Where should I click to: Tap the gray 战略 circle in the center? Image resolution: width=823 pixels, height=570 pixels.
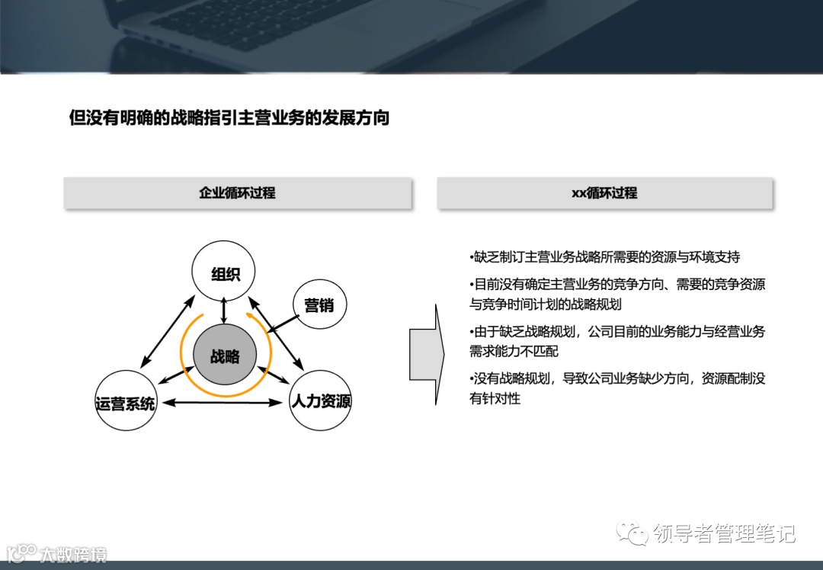pos(225,356)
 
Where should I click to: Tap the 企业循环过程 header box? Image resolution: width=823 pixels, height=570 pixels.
pos(237,193)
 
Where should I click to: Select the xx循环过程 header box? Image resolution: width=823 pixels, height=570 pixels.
pos(604,193)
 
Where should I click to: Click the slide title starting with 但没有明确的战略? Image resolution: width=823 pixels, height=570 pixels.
pos(229,118)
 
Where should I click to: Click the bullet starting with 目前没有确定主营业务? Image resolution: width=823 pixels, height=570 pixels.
pos(617,294)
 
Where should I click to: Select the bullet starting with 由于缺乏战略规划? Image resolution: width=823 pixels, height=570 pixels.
pos(617,341)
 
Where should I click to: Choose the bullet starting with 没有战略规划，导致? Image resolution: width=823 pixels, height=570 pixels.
pos(617,388)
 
